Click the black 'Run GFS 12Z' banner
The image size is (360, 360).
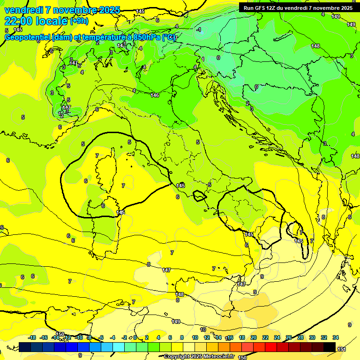click(x=298, y=8)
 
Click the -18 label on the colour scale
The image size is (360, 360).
click(x=32, y=337)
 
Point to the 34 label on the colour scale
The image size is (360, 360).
click(x=336, y=337)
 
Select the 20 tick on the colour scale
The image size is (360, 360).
click(x=254, y=337)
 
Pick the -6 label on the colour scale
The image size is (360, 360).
click(x=101, y=337)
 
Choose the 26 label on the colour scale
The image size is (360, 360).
click(x=289, y=337)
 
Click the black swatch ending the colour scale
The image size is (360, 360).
click(x=330, y=347)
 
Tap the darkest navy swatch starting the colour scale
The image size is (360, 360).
click(x=25, y=347)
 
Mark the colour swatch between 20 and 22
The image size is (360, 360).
click(x=259, y=347)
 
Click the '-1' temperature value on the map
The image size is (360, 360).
click(x=199, y=30)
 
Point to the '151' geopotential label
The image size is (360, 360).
click(x=342, y=349)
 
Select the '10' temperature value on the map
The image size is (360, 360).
click(x=203, y=330)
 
